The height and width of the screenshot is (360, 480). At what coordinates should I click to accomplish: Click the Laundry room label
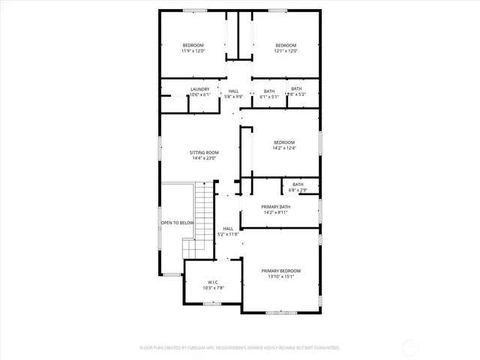click(x=199, y=89)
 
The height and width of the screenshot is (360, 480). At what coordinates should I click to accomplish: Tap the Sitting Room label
click(x=203, y=152)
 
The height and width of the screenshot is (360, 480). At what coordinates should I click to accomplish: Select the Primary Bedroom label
click(x=280, y=271)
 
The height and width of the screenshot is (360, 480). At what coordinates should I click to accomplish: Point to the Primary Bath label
click(x=275, y=206)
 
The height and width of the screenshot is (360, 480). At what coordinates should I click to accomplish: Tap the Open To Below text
click(x=177, y=223)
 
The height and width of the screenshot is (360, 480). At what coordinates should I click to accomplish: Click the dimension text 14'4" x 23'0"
click(x=203, y=158)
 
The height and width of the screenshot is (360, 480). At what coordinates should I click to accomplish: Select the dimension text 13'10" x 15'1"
click(x=280, y=277)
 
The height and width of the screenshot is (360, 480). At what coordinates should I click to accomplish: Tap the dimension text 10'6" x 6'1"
click(x=199, y=95)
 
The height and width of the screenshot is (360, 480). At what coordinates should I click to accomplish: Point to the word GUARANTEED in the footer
click(x=323, y=348)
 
